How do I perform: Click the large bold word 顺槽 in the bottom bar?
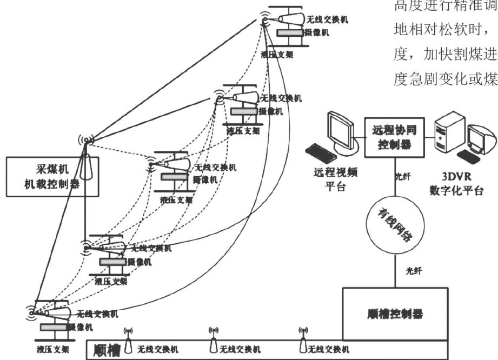pyautogui.click(x=106, y=348)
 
